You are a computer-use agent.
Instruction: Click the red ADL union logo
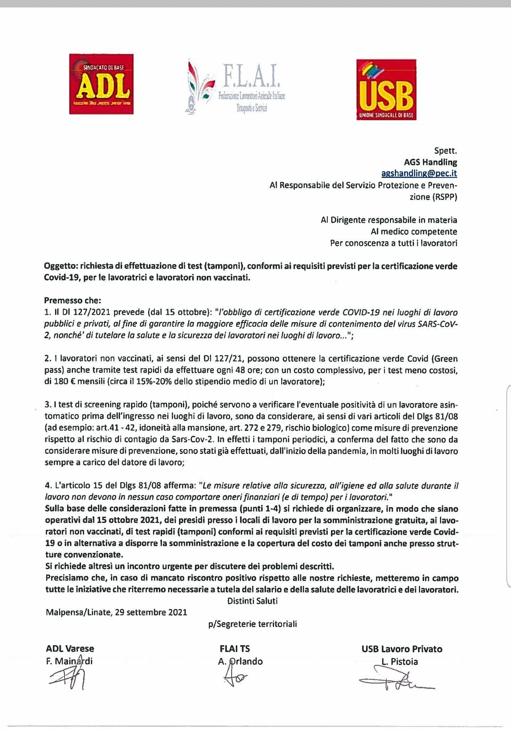tap(101, 84)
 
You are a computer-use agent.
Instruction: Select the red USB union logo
tap(386, 89)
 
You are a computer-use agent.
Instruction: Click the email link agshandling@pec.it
tap(419, 173)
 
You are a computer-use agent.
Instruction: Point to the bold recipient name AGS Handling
tap(430, 162)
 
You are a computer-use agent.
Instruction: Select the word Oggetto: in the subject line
tap(60, 266)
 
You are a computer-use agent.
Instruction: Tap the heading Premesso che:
tap(72, 300)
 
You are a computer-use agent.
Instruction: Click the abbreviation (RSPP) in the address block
tap(444, 197)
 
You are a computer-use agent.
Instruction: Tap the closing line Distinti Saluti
tap(252, 601)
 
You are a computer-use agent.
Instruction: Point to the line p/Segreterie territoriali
tap(252, 624)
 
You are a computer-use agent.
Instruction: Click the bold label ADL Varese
tap(70, 649)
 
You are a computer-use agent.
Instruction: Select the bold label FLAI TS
tap(235, 649)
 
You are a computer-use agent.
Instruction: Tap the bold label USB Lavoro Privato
tap(402, 649)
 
